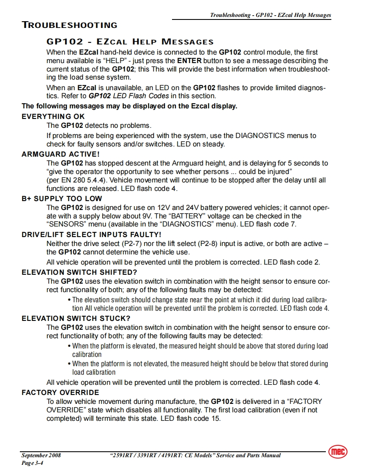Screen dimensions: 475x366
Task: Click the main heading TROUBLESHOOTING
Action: click(x=69, y=25)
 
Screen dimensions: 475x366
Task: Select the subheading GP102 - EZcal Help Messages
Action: click(x=130, y=42)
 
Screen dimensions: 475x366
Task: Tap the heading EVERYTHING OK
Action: click(x=53, y=116)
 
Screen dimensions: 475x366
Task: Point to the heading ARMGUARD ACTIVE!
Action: click(x=60, y=154)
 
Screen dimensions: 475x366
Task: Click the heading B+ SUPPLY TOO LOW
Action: click(x=62, y=199)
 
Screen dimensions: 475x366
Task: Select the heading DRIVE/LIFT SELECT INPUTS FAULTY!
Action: click(x=91, y=235)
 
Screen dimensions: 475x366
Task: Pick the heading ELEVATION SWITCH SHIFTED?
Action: click(x=79, y=272)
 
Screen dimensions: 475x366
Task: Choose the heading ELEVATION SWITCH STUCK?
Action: click(x=76, y=318)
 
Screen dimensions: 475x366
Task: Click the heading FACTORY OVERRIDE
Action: click(x=60, y=392)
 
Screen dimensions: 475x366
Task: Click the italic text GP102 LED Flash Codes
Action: click(x=128, y=96)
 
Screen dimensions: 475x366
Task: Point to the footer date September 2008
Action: click(x=41, y=456)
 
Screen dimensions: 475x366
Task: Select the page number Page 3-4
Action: click(x=33, y=463)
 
